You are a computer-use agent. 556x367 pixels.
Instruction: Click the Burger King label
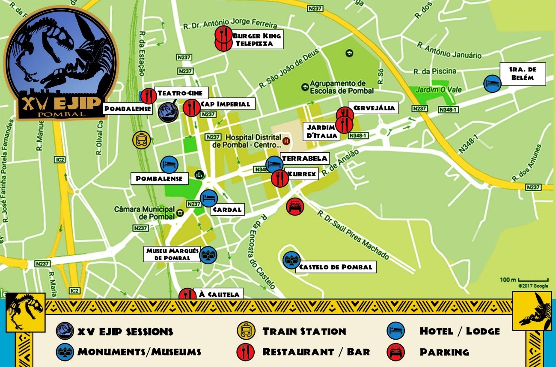[256, 36]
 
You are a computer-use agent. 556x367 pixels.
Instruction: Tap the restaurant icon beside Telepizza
[223, 44]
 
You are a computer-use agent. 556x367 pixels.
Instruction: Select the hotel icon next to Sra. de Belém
[492, 83]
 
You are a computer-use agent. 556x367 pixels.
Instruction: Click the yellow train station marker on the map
[141, 140]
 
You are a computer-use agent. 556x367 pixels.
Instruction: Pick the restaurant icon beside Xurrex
[279, 178]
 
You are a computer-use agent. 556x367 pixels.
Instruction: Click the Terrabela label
[304, 158]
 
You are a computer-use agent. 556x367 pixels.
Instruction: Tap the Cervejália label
[373, 108]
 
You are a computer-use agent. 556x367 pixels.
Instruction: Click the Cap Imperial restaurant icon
[191, 108]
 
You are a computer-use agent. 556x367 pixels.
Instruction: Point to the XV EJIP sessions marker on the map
[168, 112]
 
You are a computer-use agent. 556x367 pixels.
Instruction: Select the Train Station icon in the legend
[246, 331]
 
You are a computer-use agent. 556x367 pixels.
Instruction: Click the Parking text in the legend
[444, 352]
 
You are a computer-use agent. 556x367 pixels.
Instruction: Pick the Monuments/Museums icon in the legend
[65, 352]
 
